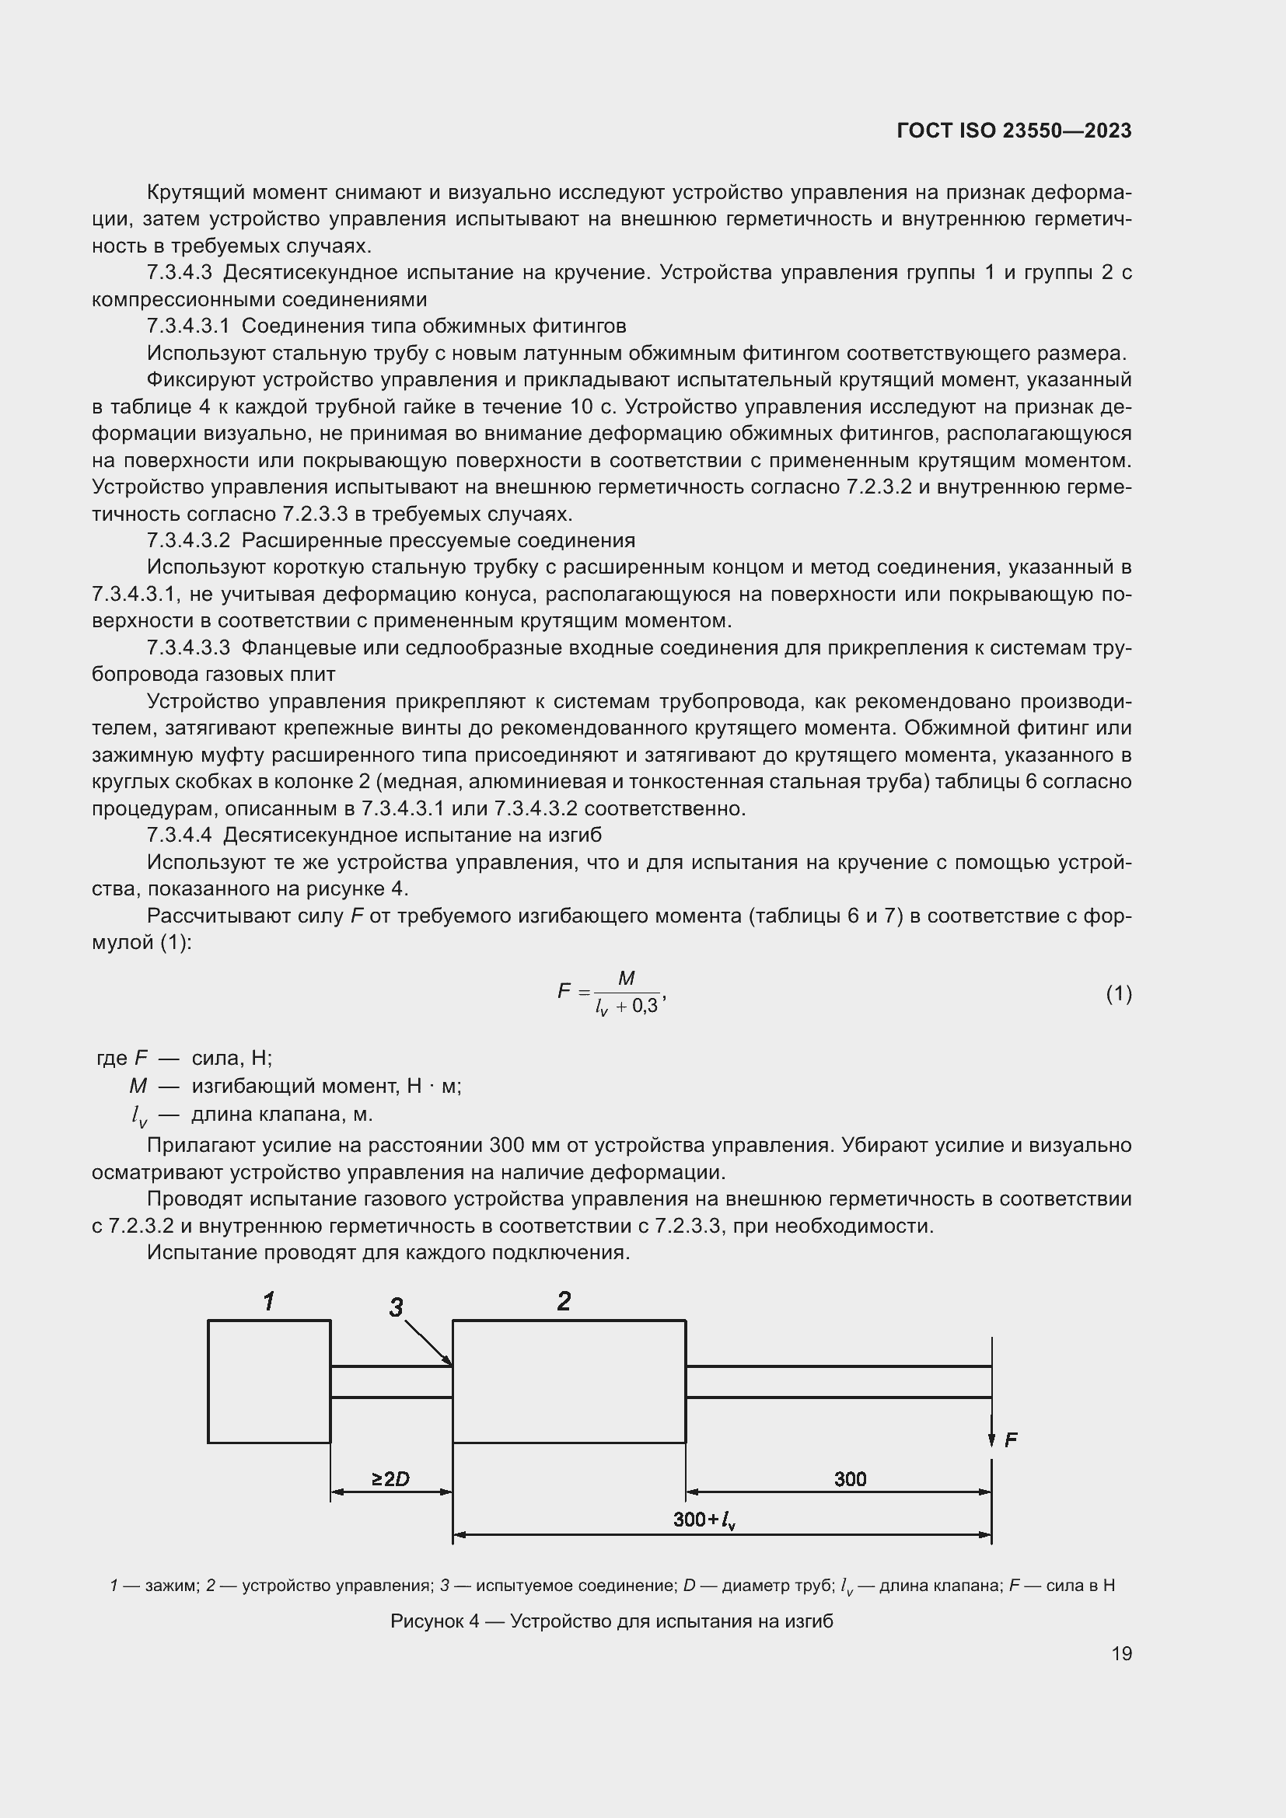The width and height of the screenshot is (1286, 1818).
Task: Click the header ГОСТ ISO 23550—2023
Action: tap(1014, 131)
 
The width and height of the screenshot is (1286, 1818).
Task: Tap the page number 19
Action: tap(1121, 1653)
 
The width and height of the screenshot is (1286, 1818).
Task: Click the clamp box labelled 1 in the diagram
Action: tap(268, 1381)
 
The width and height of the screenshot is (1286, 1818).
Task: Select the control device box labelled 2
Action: tap(568, 1381)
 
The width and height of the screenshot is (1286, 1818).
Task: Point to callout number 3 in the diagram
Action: tap(396, 1307)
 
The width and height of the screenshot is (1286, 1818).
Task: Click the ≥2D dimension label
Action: tap(390, 1478)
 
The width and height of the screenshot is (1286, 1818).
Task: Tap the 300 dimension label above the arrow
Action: tap(850, 1478)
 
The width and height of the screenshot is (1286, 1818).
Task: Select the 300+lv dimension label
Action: tap(704, 1520)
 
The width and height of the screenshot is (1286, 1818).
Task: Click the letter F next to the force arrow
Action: tap(1011, 1440)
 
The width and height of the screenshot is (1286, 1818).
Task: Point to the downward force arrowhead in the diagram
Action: tap(991, 1439)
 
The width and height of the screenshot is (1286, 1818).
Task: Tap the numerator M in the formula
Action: tap(626, 979)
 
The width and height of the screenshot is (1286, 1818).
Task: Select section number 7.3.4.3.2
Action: tap(188, 541)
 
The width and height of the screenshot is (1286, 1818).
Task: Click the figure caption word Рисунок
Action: tap(428, 1621)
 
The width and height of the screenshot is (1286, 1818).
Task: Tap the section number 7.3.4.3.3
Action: tap(188, 647)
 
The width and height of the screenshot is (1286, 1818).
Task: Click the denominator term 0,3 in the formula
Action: tap(645, 1007)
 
